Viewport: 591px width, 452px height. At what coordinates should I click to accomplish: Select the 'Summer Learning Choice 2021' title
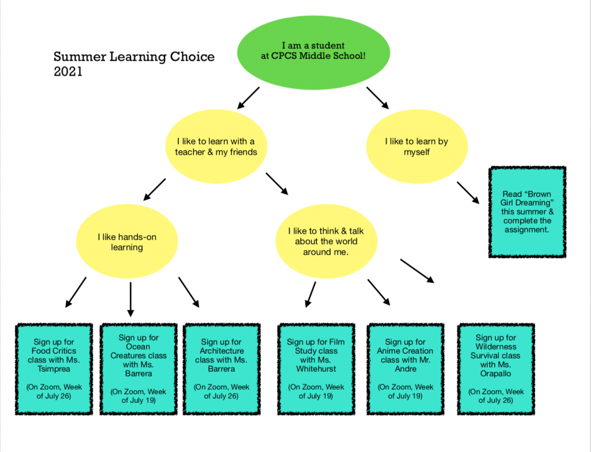(x=134, y=64)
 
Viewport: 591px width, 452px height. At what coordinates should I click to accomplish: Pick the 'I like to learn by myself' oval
(x=416, y=146)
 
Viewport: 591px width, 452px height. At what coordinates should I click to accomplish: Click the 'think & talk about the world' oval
(x=326, y=241)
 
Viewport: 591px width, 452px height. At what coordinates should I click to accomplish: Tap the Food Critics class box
(x=54, y=368)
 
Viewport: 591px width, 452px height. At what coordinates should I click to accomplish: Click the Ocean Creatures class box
(x=138, y=368)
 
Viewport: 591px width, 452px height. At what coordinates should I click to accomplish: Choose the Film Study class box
(x=316, y=368)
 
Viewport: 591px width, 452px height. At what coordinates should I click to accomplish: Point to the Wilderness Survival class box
(x=496, y=368)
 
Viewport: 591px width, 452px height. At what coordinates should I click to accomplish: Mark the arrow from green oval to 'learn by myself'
(x=377, y=98)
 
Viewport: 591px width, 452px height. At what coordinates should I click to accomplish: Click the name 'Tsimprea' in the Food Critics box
(x=54, y=368)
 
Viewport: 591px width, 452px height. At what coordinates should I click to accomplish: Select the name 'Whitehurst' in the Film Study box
(x=316, y=368)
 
